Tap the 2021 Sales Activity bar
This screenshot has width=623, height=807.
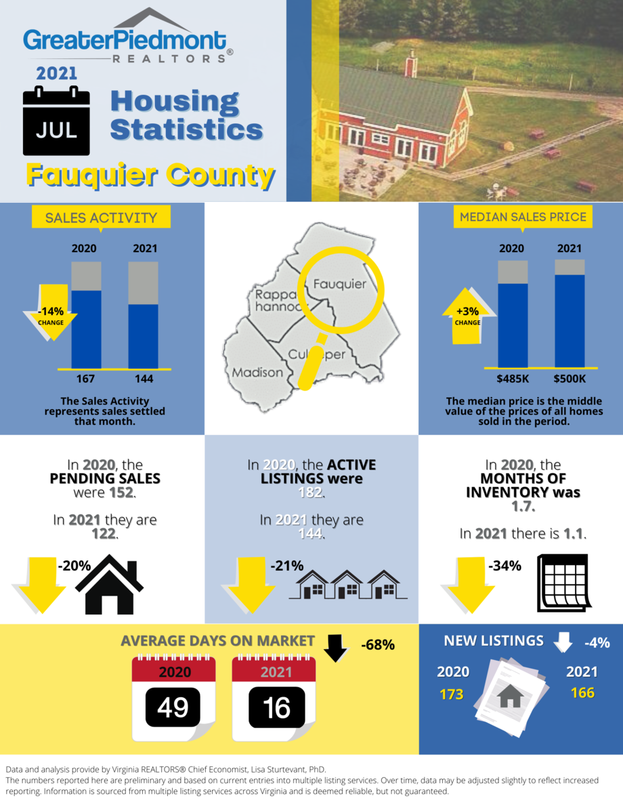tap(144, 315)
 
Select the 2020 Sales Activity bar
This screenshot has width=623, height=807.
tap(87, 315)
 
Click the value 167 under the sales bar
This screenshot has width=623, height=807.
tap(86, 378)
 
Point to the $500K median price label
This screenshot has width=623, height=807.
tap(570, 378)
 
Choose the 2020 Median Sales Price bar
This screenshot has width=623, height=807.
tap(513, 315)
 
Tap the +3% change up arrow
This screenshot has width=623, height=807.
tap(467, 316)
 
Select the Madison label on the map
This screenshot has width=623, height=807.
tap(257, 372)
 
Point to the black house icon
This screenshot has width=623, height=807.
tap(109, 583)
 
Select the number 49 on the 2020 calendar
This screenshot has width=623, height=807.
tap(173, 708)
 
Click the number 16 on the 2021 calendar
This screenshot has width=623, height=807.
tap(276, 708)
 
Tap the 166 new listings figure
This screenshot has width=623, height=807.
tap(582, 692)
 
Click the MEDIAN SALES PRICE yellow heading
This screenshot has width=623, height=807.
tap(523, 217)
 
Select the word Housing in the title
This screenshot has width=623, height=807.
tap(175, 102)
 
